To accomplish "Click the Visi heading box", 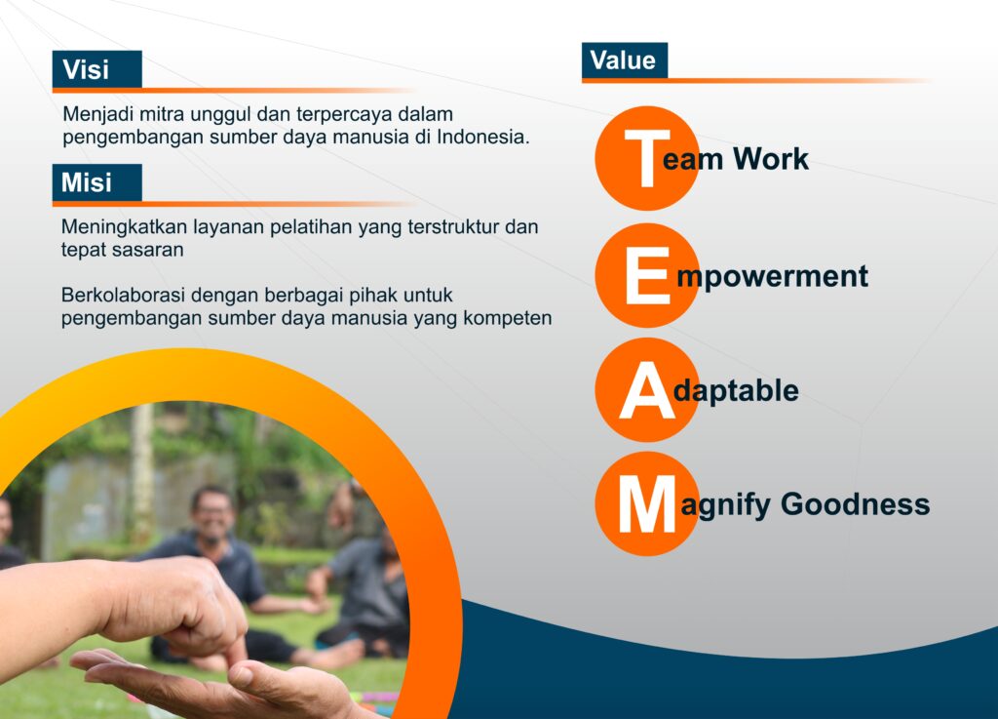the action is tap(96, 69).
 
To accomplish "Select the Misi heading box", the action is tap(96, 182).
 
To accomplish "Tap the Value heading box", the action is tap(625, 60).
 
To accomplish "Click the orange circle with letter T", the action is tap(647, 158).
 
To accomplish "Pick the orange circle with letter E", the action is tap(647, 275).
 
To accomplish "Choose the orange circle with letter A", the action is tap(647, 390).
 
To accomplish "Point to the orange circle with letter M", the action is tap(647, 503).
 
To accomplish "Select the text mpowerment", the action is tap(772, 277).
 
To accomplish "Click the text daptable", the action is tap(736, 390).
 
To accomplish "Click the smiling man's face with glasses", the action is tap(213, 514).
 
